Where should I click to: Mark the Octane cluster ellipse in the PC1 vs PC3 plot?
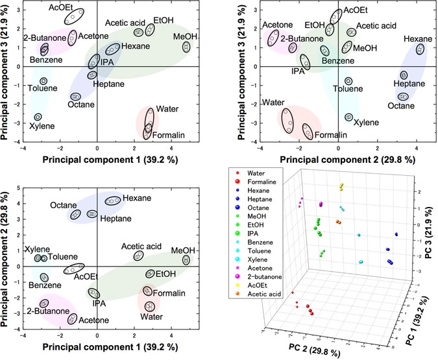tap(75, 97)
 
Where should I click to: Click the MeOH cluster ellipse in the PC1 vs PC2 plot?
tap(186, 259)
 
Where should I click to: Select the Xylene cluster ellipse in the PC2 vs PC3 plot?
tap(349, 117)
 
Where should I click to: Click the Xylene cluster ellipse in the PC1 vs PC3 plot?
tap(38, 117)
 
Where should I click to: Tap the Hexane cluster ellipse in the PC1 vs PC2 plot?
tap(113, 201)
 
